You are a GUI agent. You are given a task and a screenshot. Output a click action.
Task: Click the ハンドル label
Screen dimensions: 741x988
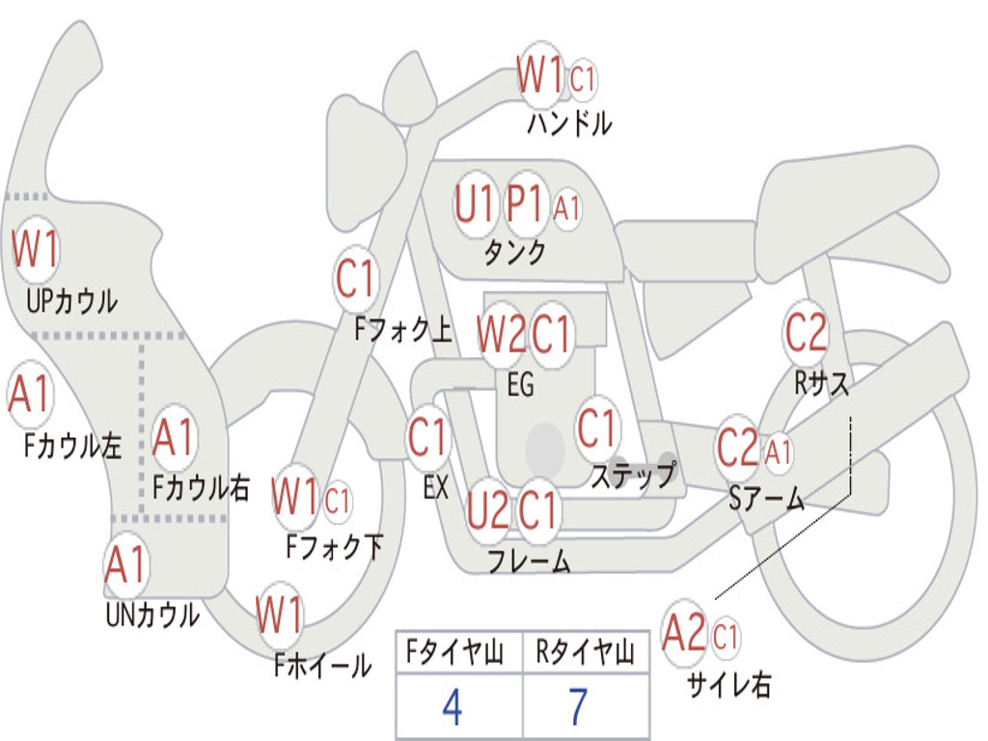point(569,123)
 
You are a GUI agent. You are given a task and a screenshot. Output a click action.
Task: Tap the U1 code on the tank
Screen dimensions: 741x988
point(475,205)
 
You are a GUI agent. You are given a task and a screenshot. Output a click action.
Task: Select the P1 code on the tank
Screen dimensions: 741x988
point(527,205)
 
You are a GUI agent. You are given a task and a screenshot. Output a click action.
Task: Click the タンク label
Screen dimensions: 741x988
point(514,253)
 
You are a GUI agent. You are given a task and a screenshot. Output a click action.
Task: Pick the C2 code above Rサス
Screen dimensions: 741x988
point(806,333)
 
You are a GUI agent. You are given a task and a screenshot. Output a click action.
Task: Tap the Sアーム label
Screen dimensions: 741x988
point(767,499)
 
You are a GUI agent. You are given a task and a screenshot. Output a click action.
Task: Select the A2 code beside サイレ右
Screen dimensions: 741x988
point(685,634)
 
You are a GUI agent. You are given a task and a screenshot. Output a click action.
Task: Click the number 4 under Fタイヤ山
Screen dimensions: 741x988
point(452,707)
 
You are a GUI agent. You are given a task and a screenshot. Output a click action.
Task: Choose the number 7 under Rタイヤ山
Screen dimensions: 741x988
point(578,707)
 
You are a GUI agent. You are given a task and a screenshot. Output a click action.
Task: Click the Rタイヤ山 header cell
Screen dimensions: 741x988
point(585,654)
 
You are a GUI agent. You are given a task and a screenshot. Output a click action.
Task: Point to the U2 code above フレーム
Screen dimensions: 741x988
point(487,509)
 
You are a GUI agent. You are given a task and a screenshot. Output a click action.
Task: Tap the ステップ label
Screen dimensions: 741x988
point(633,476)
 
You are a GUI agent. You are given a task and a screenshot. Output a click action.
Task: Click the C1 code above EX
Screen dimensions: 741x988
point(427,438)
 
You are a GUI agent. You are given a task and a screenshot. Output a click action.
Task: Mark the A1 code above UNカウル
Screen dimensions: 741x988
point(125,565)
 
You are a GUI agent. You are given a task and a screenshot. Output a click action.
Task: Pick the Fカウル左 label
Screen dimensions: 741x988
point(73,446)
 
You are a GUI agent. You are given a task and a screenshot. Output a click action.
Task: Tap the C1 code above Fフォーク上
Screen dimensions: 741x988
point(356,281)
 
